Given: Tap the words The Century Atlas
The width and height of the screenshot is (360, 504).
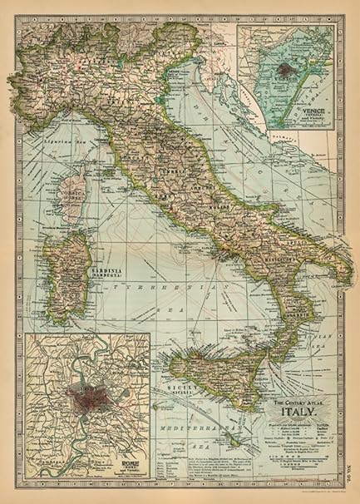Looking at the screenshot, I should click(x=297, y=402).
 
